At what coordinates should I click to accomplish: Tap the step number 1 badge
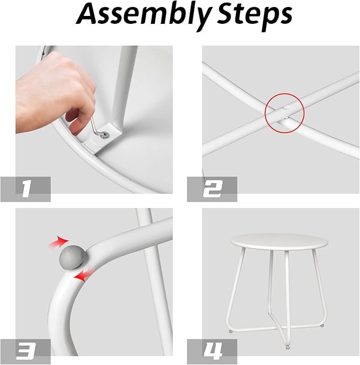pyautogui.click(x=25, y=189)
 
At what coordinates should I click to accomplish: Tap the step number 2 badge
pyautogui.click(x=212, y=189)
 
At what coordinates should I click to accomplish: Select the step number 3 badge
pyautogui.click(x=25, y=352)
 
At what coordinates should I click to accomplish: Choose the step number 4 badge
pyautogui.click(x=212, y=352)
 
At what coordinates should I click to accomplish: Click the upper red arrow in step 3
pyautogui.click(x=58, y=242)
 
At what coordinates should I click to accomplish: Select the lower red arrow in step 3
pyautogui.click(x=83, y=276)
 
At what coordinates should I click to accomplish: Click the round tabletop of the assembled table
pyautogui.click(x=279, y=242)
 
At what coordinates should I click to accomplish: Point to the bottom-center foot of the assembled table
pyautogui.click(x=288, y=347)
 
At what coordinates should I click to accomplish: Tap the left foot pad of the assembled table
pyautogui.click(x=231, y=331)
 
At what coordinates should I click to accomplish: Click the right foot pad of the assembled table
pyautogui.click(x=322, y=325)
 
